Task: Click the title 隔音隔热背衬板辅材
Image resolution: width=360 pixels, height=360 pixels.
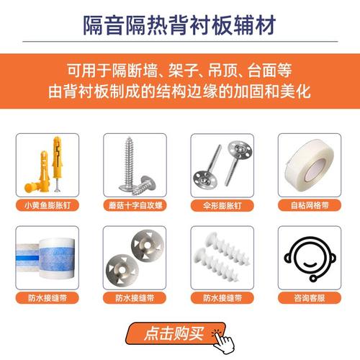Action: tap(179, 24)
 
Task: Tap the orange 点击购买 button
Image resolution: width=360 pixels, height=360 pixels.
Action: tap(174, 333)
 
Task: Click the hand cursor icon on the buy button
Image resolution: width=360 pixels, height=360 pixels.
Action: tap(224, 337)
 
